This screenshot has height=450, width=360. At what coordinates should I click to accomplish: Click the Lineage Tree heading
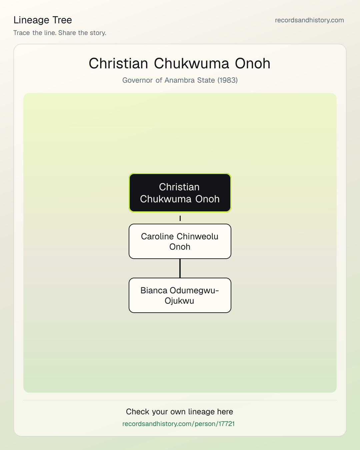43,20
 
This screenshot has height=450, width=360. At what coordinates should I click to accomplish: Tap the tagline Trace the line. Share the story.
60,33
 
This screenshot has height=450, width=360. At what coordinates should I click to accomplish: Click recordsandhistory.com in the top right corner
309,20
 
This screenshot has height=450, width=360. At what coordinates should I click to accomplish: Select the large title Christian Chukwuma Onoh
180,63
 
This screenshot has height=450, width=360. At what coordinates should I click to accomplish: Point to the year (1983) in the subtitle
228,80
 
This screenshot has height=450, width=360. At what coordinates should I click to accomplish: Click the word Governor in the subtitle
137,80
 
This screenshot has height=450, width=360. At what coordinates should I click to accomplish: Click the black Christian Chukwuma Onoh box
180,193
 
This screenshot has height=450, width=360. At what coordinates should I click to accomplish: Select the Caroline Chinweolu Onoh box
180,241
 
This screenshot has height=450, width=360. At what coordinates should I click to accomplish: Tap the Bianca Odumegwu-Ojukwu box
180,295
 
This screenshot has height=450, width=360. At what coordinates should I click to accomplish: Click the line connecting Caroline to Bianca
180,268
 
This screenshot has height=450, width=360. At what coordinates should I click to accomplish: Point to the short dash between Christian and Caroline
180,218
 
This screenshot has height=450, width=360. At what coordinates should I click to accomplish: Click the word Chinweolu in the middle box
197,237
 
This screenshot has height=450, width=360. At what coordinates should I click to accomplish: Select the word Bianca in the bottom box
154,290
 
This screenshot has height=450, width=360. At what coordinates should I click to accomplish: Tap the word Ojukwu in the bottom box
179,301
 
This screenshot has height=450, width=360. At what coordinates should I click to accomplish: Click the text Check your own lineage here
179,412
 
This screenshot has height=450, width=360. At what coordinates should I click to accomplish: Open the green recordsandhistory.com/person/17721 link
178,424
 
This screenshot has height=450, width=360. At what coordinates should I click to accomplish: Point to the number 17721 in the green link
227,424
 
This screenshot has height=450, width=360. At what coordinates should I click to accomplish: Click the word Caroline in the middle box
158,237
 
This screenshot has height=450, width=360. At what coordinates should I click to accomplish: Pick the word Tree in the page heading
62,20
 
